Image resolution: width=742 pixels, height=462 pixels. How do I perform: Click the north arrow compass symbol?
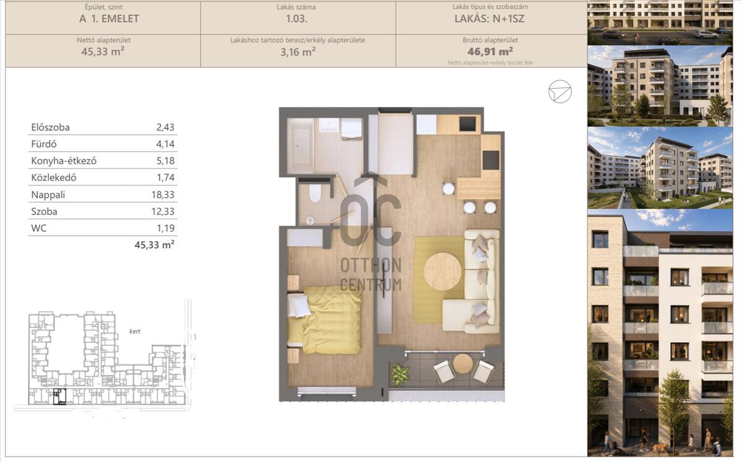(x=560, y=91)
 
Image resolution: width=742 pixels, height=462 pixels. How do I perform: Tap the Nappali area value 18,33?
(x=163, y=195)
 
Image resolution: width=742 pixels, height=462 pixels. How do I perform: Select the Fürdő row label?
(x=44, y=144)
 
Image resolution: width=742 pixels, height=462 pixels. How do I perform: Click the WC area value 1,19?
(x=166, y=228)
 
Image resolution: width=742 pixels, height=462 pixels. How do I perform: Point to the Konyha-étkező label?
(x=64, y=161)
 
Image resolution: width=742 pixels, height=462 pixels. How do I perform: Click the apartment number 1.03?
(x=296, y=19)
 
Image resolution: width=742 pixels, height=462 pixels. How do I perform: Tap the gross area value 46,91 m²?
(x=490, y=52)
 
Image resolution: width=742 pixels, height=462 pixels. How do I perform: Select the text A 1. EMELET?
(x=109, y=19)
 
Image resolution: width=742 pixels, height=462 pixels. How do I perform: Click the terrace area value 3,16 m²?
(x=298, y=52)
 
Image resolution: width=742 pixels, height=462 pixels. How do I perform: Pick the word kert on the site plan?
(x=135, y=331)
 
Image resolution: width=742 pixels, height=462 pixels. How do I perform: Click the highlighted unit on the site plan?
(x=59, y=397)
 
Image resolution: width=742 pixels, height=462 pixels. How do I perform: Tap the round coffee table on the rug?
(x=443, y=271)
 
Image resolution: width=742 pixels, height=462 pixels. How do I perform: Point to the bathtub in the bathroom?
(x=301, y=146)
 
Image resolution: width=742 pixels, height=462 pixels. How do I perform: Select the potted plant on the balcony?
(x=401, y=376)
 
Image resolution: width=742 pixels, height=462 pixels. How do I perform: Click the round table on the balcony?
(x=463, y=364)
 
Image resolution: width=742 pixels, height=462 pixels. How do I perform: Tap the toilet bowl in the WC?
(x=315, y=193)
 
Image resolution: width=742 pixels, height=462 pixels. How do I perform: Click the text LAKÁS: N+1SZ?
(x=490, y=19)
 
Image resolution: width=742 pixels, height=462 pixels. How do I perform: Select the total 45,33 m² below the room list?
(x=155, y=245)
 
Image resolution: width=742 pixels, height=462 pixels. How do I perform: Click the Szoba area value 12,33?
(x=163, y=211)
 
